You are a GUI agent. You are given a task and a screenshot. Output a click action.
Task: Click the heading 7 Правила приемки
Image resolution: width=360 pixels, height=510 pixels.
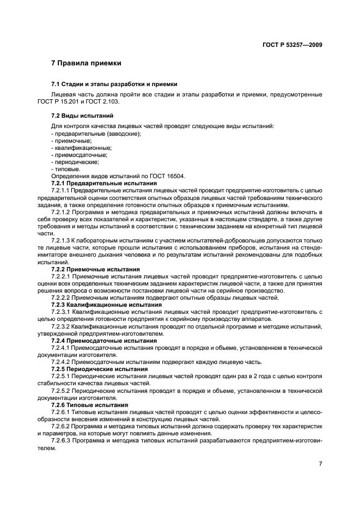[86, 64]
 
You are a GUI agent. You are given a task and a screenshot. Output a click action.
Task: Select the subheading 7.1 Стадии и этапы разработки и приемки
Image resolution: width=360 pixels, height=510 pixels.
[114, 84]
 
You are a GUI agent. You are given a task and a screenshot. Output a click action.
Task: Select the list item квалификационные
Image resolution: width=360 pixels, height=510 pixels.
[82, 148]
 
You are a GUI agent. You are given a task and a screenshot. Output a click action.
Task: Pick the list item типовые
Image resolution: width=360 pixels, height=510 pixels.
[68, 169]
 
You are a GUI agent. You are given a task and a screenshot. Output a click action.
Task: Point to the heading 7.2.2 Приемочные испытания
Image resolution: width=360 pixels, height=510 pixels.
[95, 269]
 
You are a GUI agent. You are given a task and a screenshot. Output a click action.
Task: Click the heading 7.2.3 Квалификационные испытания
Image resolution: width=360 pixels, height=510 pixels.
[103, 305]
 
